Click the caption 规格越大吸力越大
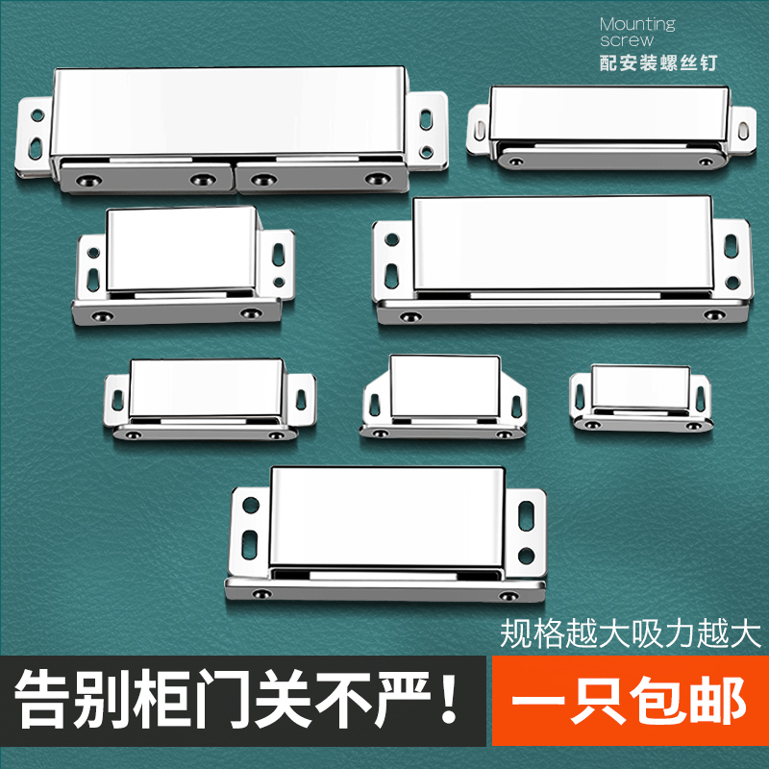631,633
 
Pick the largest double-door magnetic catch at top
231,130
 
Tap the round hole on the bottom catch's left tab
249,503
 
